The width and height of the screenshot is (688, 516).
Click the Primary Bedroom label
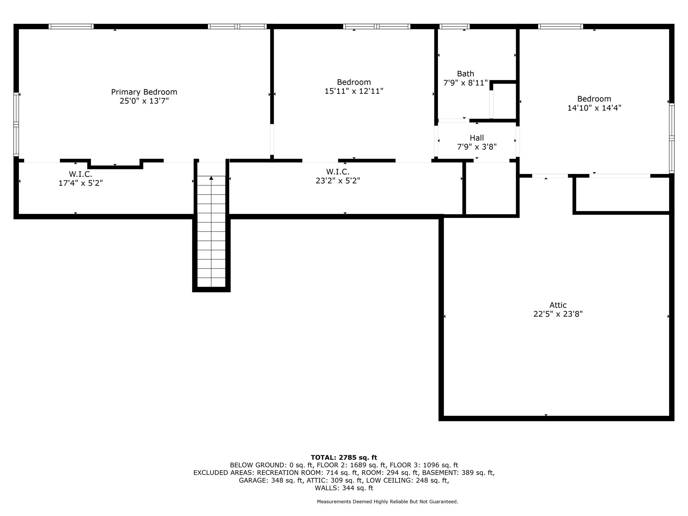[144, 92]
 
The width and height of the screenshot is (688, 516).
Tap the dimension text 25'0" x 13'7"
[144, 101]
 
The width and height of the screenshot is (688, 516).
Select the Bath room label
[466, 74]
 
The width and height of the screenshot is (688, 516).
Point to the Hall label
[477, 138]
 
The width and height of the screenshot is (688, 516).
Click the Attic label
[558, 305]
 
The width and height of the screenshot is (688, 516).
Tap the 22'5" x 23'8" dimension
[558, 314]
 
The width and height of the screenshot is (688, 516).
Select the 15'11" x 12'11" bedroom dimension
[354, 91]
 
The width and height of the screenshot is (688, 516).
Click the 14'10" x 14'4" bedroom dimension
[594, 108]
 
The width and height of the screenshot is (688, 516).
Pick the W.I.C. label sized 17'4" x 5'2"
[81, 174]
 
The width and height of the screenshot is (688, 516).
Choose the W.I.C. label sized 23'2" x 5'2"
[338, 172]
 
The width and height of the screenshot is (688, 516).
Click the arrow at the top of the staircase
[211, 178]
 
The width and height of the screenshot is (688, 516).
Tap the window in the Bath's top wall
[454, 27]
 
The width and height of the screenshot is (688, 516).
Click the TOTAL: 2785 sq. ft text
[344, 458]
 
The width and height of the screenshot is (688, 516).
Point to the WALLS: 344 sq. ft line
[344, 488]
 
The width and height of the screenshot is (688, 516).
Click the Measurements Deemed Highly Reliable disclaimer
[387, 502]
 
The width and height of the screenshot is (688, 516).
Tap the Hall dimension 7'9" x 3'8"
[477, 147]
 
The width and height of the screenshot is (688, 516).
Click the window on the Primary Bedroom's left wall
[16, 124]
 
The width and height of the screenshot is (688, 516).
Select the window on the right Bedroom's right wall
[672, 138]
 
